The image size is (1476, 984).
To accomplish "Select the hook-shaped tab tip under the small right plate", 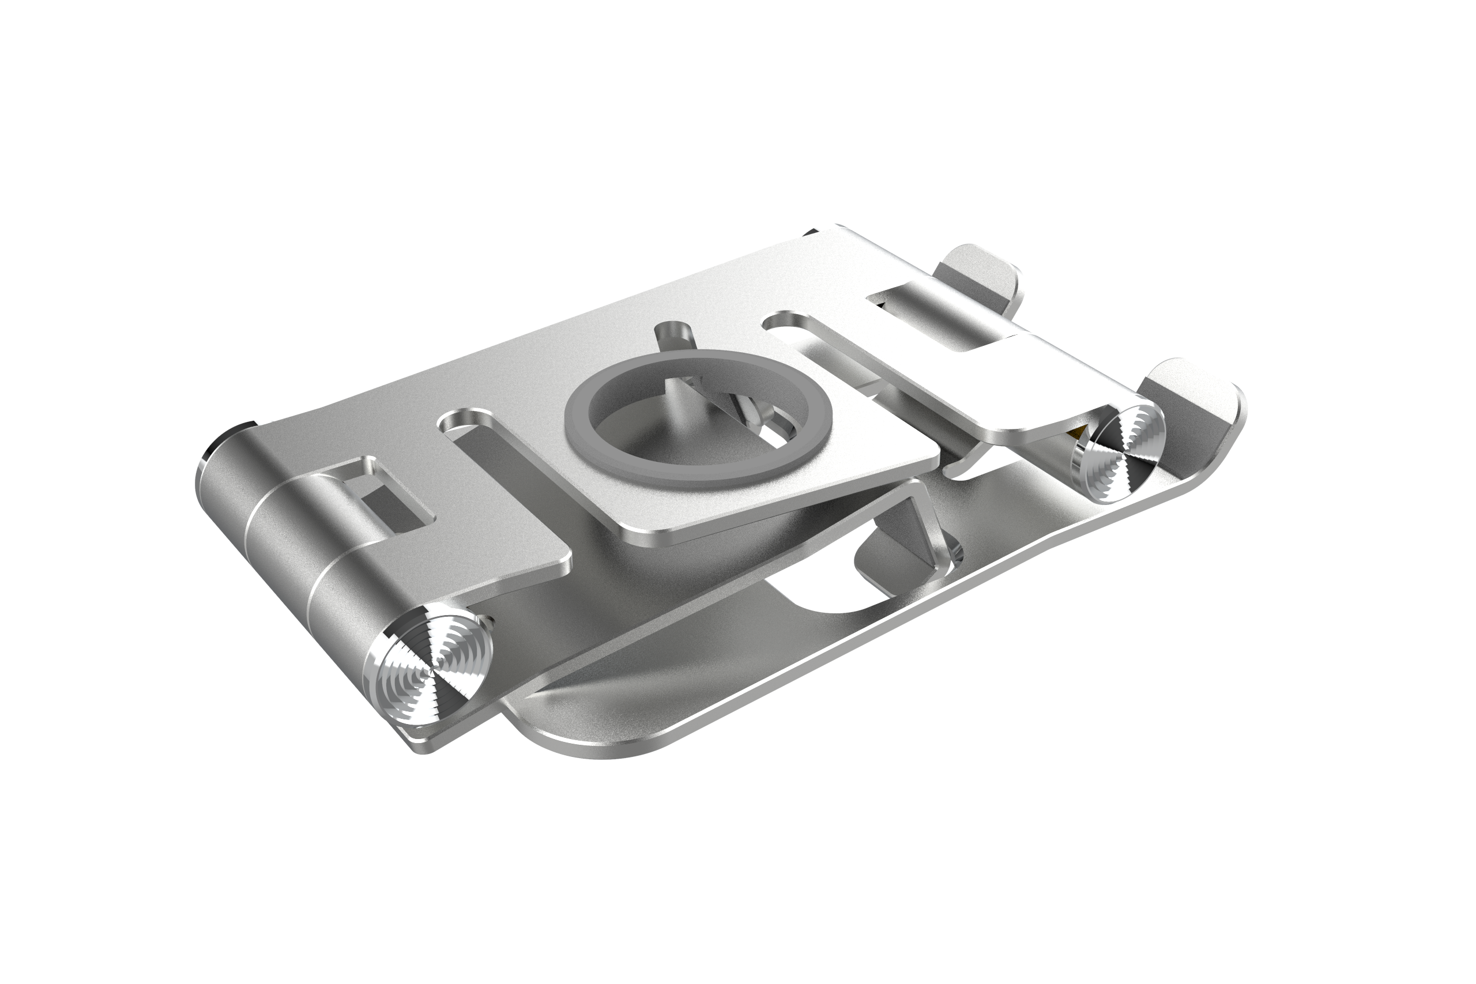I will point(960,468).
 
